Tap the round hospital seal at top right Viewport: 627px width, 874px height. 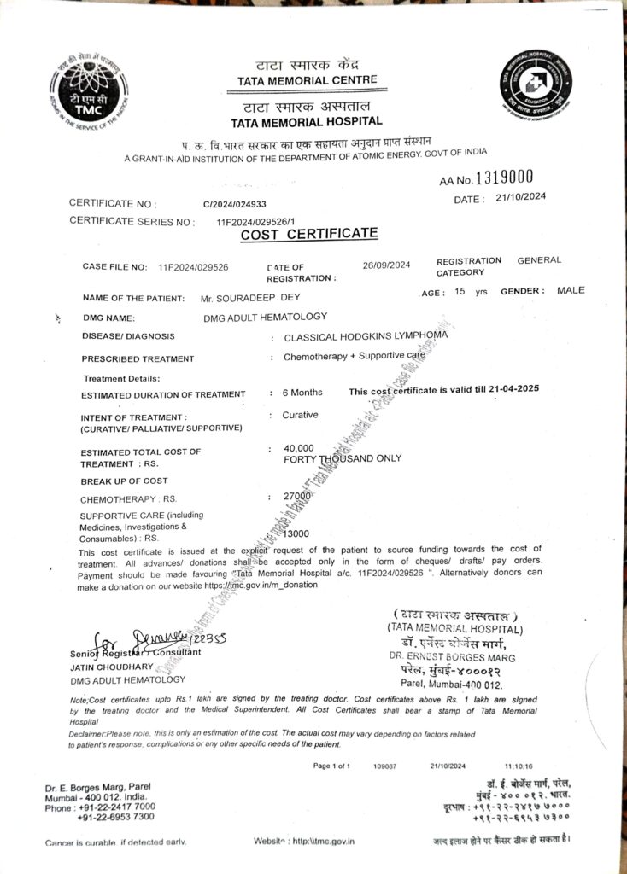pyautogui.click(x=536, y=86)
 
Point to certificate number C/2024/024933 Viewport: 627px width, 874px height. pyautogui.click(x=235, y=205)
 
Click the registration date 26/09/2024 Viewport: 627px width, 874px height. pyautogui.click(x=386, y=265)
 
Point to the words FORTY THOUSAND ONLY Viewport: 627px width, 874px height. pyautogui.click(x=342, y=458)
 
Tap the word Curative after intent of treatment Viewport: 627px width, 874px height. pyautogui.click(x=300, y=415)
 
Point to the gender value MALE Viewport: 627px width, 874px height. pyautogui.click(x=571, y=290)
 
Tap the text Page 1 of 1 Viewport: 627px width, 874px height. pyautogui.click(x=331, y=766)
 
